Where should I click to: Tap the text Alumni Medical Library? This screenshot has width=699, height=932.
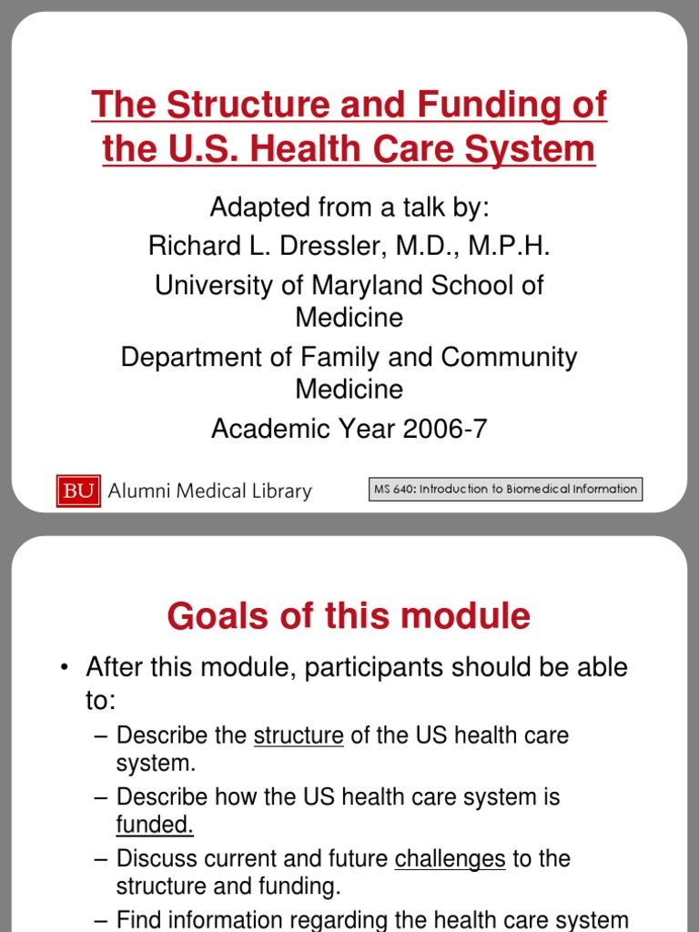click(209, 491)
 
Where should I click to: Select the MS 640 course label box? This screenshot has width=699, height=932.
click(505, 489)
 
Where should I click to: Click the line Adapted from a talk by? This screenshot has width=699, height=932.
click(349, 207)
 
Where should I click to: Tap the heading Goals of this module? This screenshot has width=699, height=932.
click(349, 617)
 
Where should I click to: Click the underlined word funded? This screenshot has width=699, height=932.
click(155, 825)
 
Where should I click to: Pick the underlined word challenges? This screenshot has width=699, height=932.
click(450, 858)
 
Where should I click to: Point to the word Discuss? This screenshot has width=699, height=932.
click(154, 858)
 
